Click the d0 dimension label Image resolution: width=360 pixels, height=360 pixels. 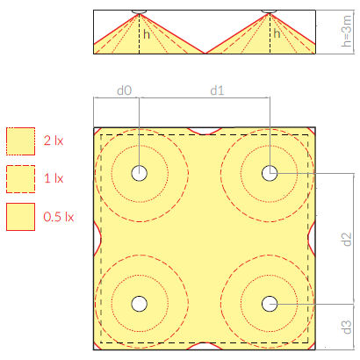pos(125,90)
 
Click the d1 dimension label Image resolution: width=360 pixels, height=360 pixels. pos(217,90)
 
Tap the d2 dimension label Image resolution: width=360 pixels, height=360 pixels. pos(347,239)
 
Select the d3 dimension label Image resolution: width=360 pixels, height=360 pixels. pos(347,327)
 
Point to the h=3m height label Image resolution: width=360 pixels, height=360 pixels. pos(346,31)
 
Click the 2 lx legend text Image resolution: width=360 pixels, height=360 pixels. pos(54,140)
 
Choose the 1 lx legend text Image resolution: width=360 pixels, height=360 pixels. pos(54,178)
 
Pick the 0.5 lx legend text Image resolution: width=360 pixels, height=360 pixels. pos(59,217)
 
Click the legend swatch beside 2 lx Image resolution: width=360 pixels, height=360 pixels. pos(20,141)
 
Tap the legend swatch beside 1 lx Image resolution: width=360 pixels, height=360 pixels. pos(20,179)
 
